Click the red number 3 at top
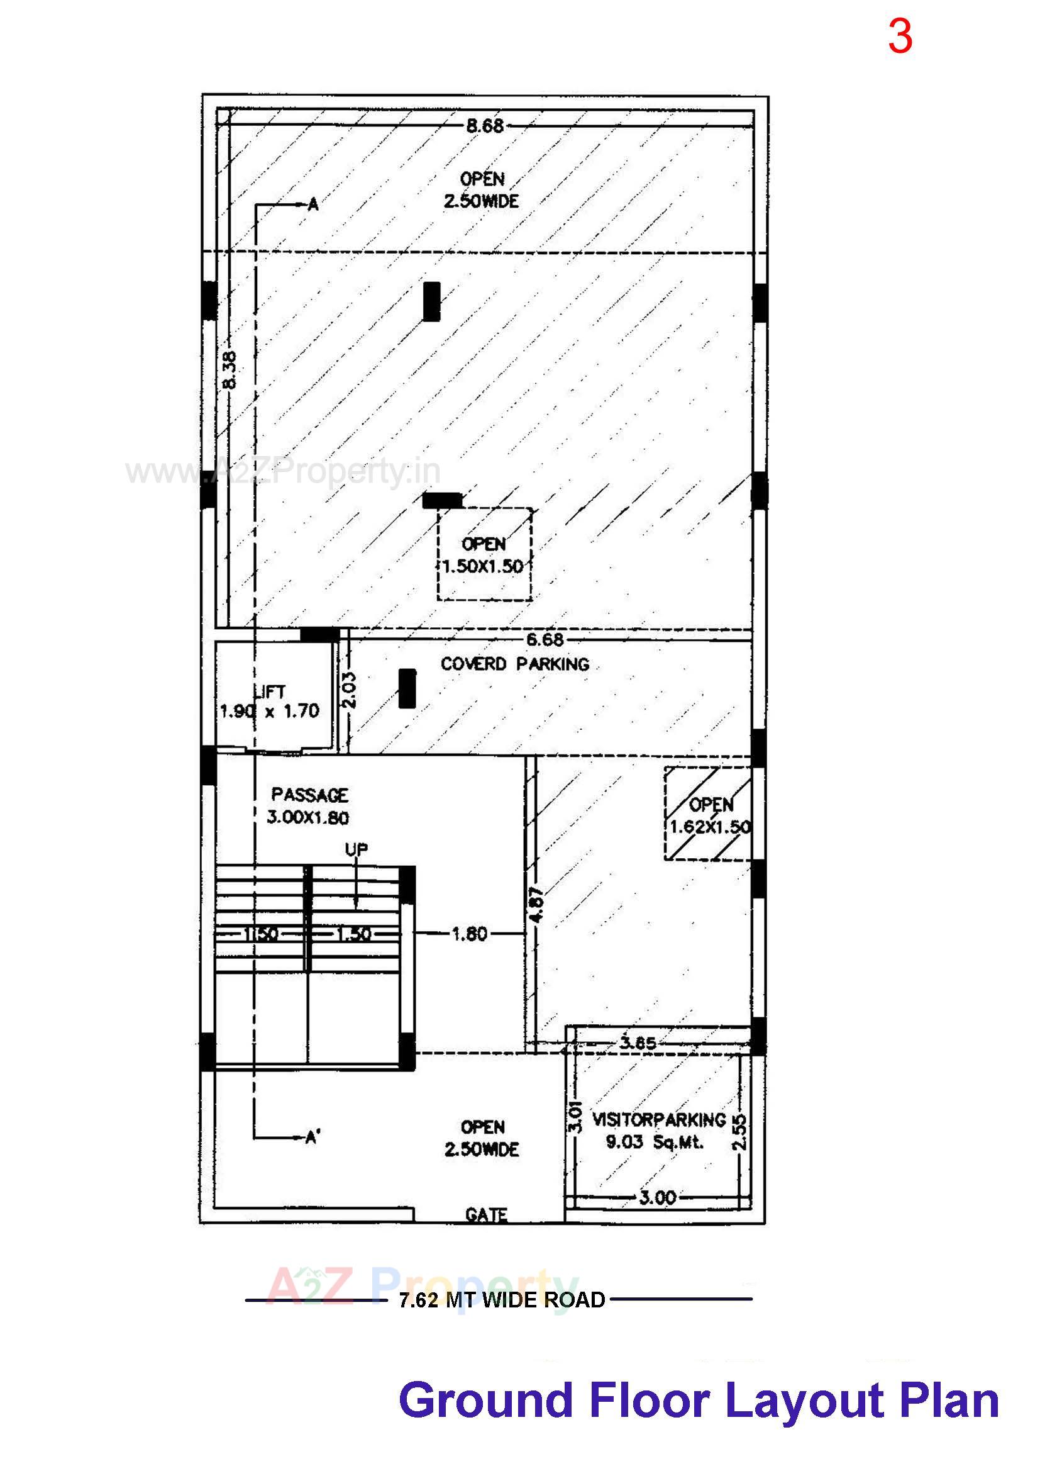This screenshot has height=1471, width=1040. click(x=899, y=36)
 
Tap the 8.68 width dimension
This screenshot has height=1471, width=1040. click(x=485, y=126)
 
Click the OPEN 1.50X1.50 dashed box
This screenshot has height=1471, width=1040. click(x=484, y=555)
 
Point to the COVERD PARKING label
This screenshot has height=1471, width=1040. click(x=515, y=664)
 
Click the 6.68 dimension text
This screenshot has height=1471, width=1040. click(x=545, y=639)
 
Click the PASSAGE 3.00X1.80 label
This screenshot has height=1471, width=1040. click(x=309, y=806)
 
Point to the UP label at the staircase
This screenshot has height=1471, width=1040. click(x=357, y=849)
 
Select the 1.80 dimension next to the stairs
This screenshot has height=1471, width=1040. click(x=470, y=934)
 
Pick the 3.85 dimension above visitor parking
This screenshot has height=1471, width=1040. click(x=638, y=1043)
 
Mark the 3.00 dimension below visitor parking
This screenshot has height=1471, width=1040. click(x=658, y=1197)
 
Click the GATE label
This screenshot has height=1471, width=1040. click(x=487, y=1215)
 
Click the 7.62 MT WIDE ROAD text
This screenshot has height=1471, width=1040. click(x=502, y=1300)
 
